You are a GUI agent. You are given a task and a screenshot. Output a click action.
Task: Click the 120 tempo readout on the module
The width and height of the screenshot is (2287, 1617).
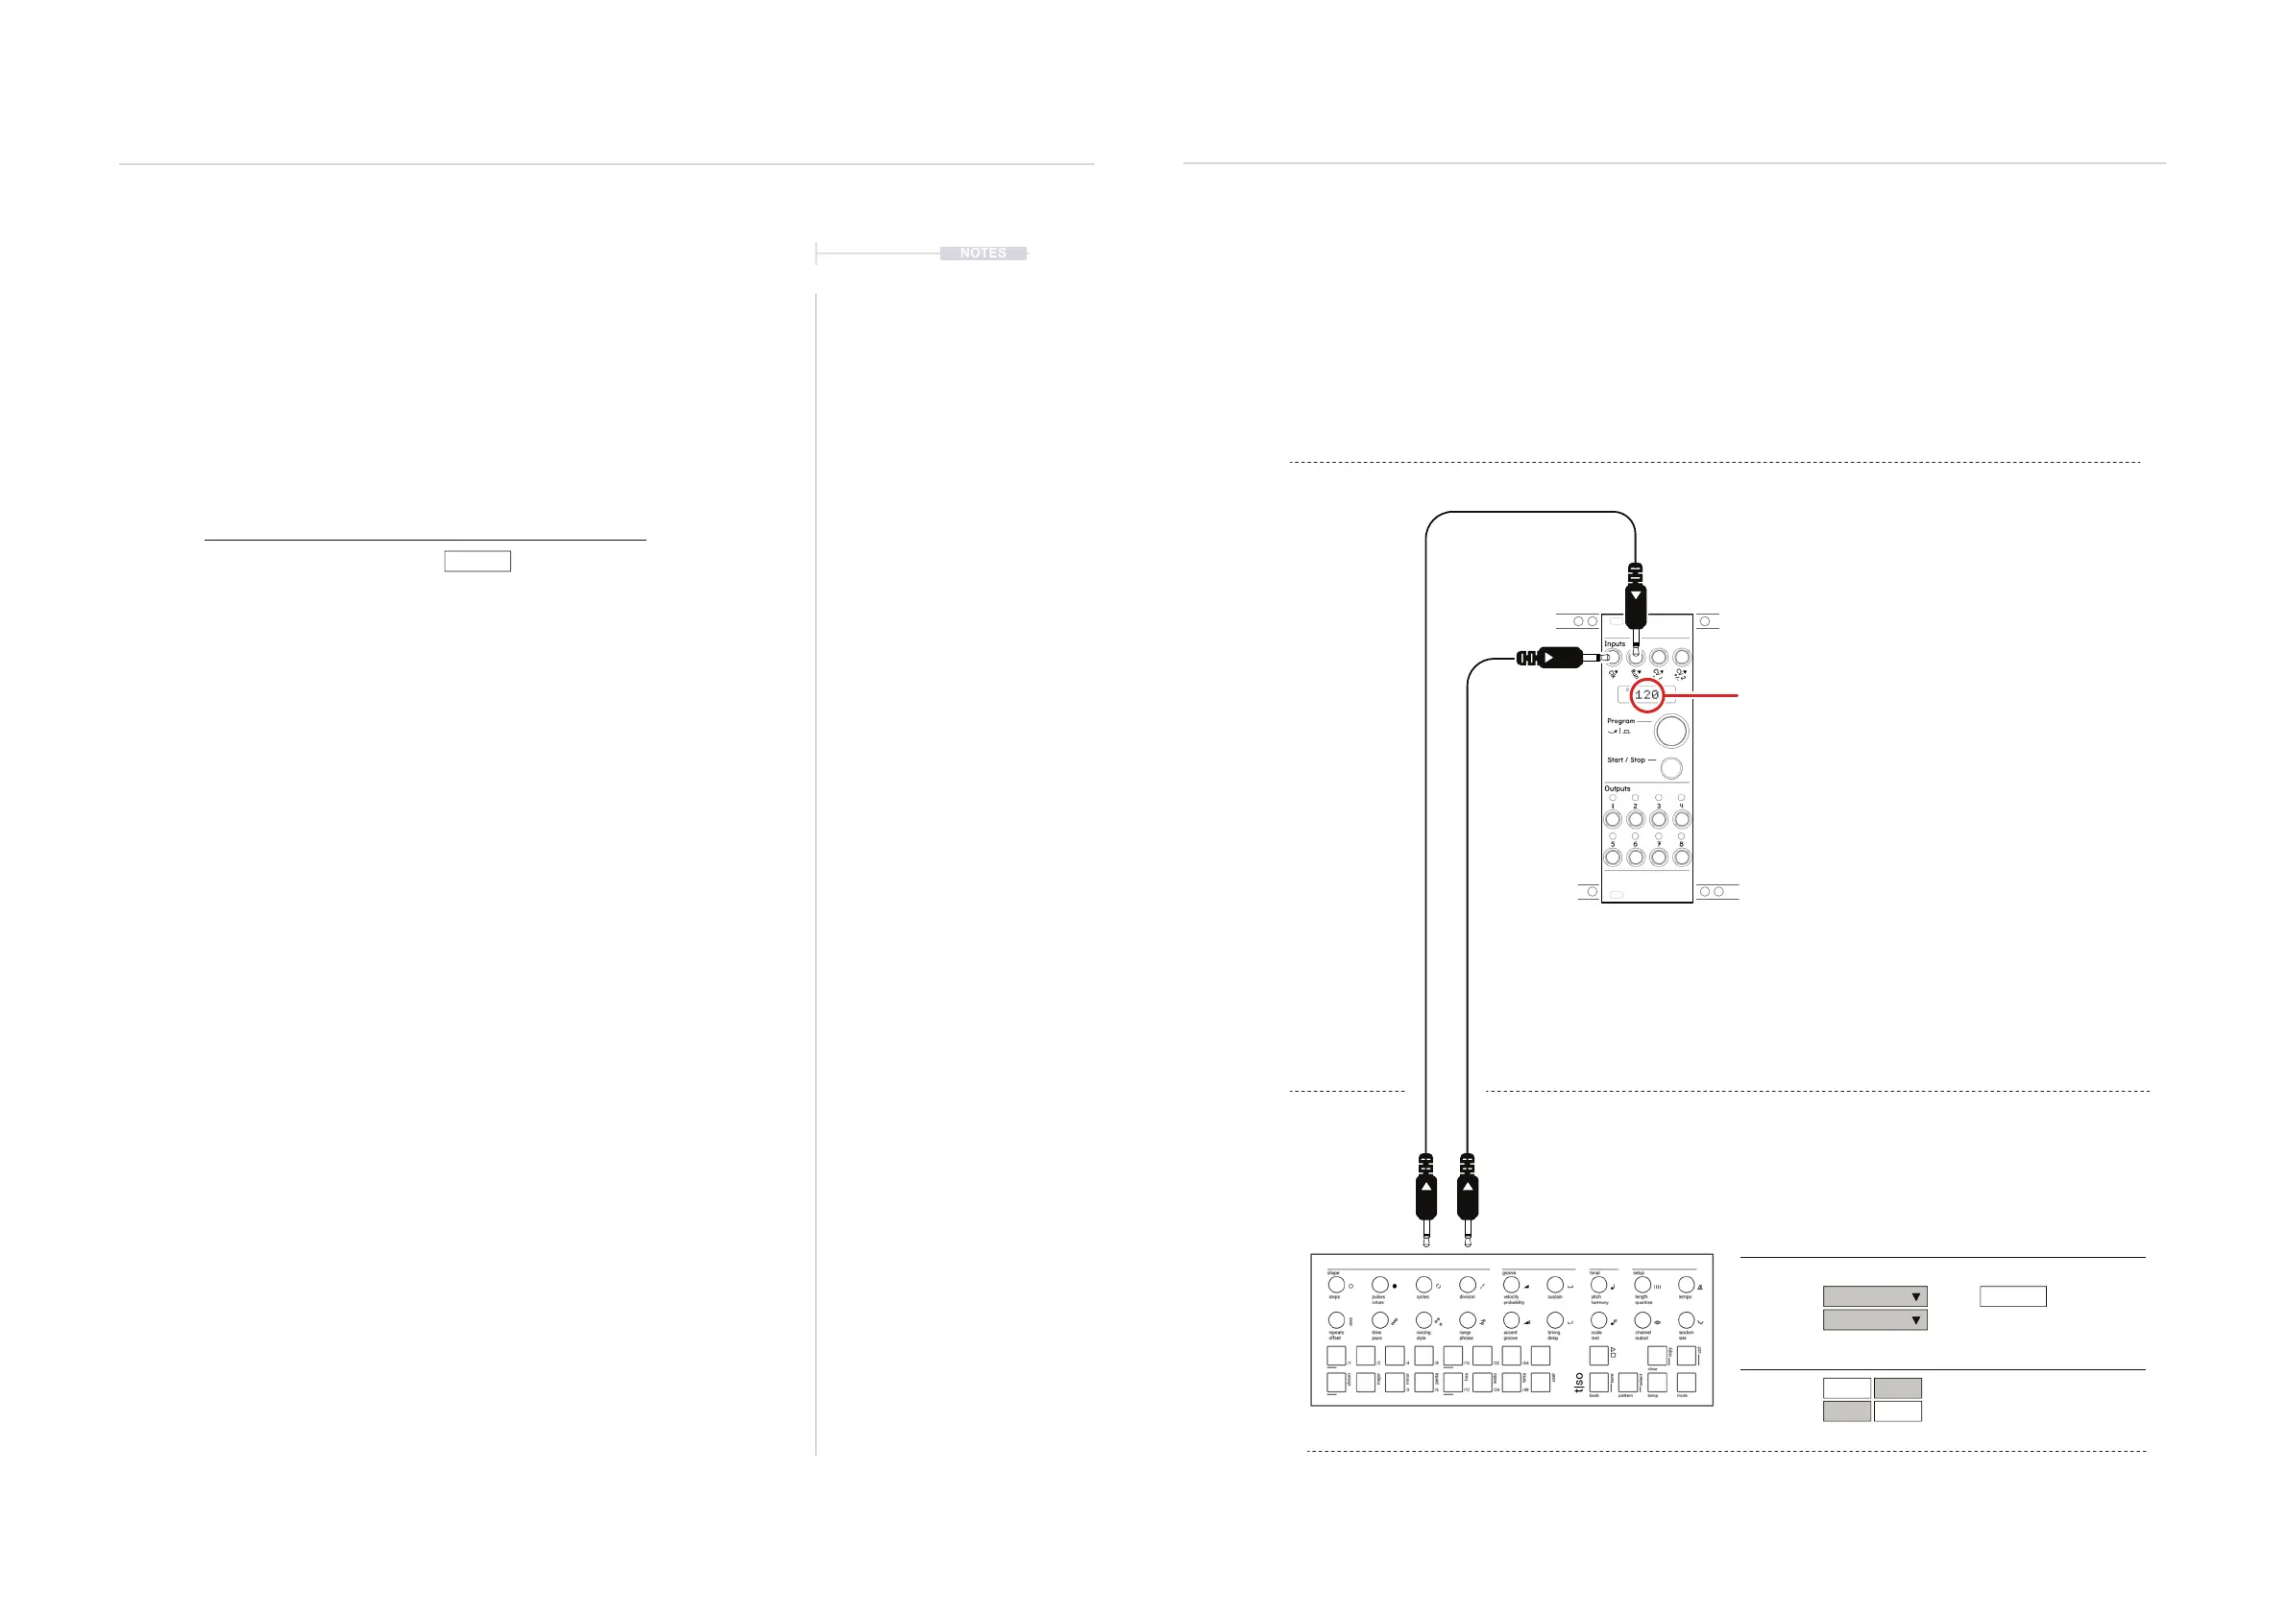click(x=1646, y=695)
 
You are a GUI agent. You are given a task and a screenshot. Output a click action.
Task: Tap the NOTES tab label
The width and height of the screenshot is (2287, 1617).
click(x=983, y=253)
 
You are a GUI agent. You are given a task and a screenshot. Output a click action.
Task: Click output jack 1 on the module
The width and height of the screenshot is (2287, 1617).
click(x=1613, y=819)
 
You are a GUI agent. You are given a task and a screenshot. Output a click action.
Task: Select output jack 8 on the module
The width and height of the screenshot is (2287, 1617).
click(x=1681, y=857)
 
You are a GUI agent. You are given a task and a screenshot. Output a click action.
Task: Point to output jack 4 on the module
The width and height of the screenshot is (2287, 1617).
click(x=1681, y=819)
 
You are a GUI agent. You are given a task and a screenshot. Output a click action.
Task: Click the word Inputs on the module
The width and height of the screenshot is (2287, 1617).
click(x=1615, y=644)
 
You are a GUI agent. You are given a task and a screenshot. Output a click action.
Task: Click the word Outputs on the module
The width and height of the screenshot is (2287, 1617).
click(x=1618, y=788)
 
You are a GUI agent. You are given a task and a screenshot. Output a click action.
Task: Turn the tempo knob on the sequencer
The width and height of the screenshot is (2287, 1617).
click(x=1687, y=1286)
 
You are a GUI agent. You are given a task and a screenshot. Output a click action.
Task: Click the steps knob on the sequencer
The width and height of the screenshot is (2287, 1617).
click(x=1336, y=1286)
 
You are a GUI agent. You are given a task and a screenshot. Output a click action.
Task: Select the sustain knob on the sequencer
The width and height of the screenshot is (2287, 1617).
click(x=1555, y=1286)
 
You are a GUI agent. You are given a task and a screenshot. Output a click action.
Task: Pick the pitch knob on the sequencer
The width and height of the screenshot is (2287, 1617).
click(x=1598, y=1286)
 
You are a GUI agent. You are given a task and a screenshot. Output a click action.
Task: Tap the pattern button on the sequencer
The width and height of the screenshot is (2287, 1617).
click(x=1627, y=1382)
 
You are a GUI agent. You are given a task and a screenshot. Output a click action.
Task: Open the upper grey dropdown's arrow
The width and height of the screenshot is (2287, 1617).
click(x=1915, y=1296)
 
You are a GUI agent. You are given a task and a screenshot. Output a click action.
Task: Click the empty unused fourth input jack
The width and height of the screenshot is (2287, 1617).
click(x=1681, y=657)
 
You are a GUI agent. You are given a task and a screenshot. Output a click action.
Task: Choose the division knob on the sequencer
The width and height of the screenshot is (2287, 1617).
click(x=1468, y=1286)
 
